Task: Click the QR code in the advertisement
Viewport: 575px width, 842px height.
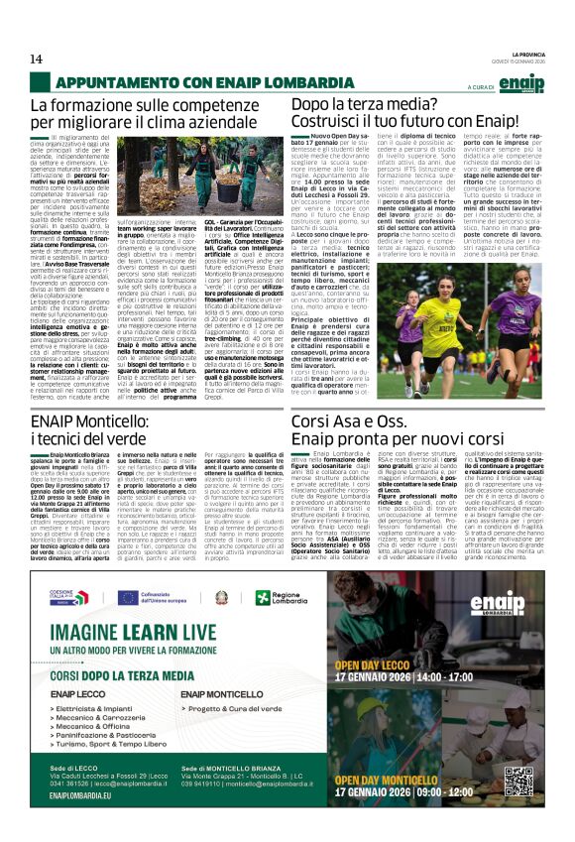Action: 517,781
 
